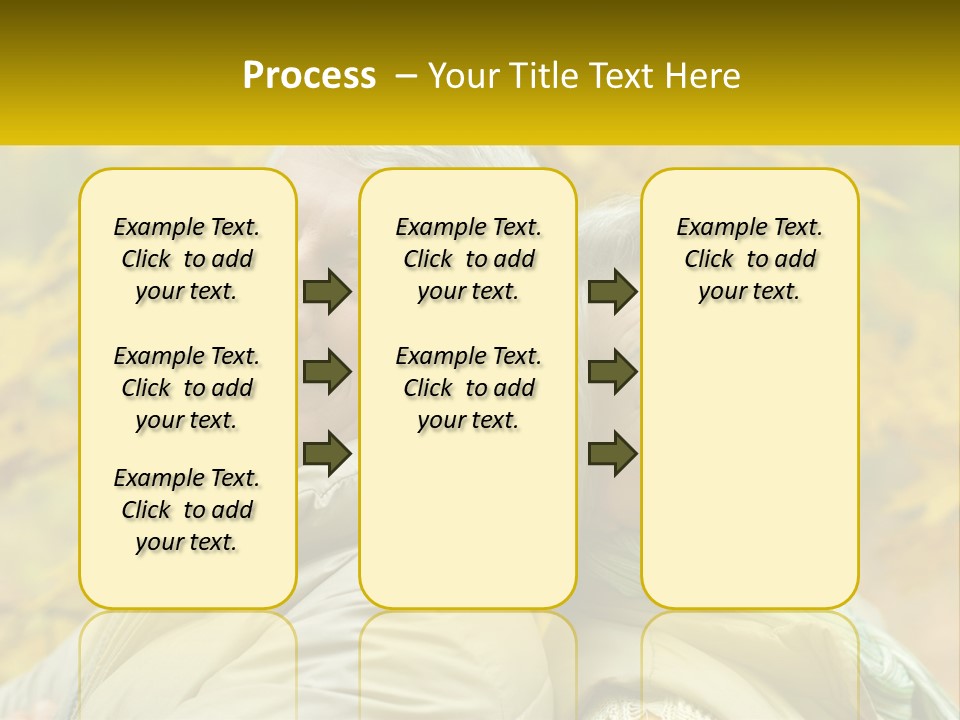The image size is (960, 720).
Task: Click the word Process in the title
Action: [x=309, y=76]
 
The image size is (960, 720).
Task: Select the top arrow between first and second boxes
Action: [x=327, y=291]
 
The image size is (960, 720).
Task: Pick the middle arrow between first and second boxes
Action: [x=327, y=372]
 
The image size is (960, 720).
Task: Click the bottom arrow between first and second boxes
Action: [x=327, y=452]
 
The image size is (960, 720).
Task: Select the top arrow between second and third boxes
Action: [x=612, y=291]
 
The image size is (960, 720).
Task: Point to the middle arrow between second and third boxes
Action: [x=612, y=372]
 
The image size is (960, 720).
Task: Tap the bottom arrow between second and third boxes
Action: [x=612, y=452]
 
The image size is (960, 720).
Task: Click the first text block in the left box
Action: [x=187, y=259]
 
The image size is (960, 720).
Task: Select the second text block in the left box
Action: [x=187, y=388]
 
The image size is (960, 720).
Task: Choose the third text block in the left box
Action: [x=187, y=510]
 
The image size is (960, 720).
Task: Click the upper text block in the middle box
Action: [x=468, y=259]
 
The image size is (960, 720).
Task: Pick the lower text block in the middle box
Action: [x=468, y=388]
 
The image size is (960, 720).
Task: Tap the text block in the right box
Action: [x=749, y=259]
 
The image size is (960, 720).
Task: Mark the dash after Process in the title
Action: [x=405, y=76]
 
